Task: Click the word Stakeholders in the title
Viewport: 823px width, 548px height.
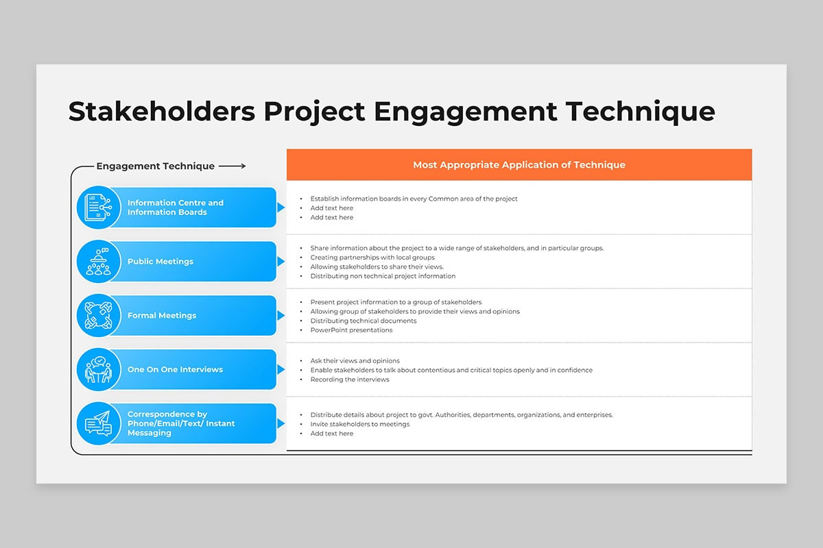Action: click(162, 112)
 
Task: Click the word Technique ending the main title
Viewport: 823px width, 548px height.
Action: click(640, 112)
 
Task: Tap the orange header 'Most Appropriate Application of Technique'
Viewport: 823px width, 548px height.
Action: click(519, 165)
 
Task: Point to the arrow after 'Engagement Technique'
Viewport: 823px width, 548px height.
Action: click(232, 166)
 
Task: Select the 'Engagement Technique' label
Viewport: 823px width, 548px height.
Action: click(156, 166)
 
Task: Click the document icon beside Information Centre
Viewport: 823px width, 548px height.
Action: click(98, 208)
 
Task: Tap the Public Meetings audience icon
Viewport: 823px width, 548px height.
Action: click(98, 262)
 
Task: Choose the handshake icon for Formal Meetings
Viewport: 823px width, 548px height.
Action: click(98, 315)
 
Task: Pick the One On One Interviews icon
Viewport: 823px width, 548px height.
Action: click(98, 369)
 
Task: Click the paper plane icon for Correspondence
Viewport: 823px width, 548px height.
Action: click(98, 423)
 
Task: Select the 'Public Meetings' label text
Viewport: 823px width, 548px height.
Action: click(160, 262)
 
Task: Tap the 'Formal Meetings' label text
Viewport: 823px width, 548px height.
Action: click(162, 316)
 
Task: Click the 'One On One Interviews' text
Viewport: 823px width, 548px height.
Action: click(175, 370)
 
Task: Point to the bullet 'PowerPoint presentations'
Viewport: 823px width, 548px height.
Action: click(351, 330)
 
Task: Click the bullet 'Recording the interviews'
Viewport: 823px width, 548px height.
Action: click(350, 379)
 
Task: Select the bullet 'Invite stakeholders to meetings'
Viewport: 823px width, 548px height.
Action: click(359, 424)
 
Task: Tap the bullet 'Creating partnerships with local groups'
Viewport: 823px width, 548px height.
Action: click(372, 258)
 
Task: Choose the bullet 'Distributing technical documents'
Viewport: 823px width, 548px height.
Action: click(363, 321)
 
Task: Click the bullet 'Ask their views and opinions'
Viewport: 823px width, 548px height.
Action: click(355, 361)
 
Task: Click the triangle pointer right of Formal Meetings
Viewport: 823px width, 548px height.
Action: click(281, 316)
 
